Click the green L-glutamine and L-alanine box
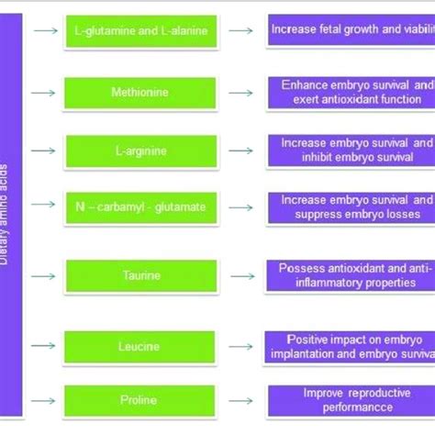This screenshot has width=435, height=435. pyautogui.click(x=140, y=33)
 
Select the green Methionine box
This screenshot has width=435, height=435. pyautogui.click(x=140, y=92)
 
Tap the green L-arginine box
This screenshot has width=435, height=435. pyautogui.click(x=140, y=150)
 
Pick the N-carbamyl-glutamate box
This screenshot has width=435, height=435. pyautogui.click(x=140, y=207)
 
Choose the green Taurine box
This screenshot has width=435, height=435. pyautogui.click(x=140, y=275)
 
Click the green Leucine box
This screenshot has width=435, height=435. pyautogui.click(x=140, y=346)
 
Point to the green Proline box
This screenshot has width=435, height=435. pyautogui.click(x=140, y=400)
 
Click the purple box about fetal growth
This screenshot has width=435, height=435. pyautogui.click(x=351, y=29)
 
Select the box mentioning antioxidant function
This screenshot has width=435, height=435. pyautogui.click(x=351, y=92)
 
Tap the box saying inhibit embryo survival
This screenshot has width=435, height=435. pyautogui.click(x=351, y=150)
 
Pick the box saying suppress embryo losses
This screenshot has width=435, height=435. pyautogui.click(x=351, y=207)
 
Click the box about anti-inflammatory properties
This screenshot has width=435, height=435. pyautogui.click(x=351, y=275)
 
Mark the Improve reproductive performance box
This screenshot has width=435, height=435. pyautogui.click(x=351, y=399)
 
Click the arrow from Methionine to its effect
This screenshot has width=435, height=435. pyautogui.click(x=242, y=92)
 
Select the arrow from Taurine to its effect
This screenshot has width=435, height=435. pyautogui.click(x=242, y=275)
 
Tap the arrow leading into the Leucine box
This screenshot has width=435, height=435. pyautogui.click(x=42, y=346)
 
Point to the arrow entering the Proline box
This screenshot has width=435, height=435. pyautogui.click(x=42, y=400)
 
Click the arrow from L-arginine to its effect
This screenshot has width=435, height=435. pyautogui.click(x=242, y=150)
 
